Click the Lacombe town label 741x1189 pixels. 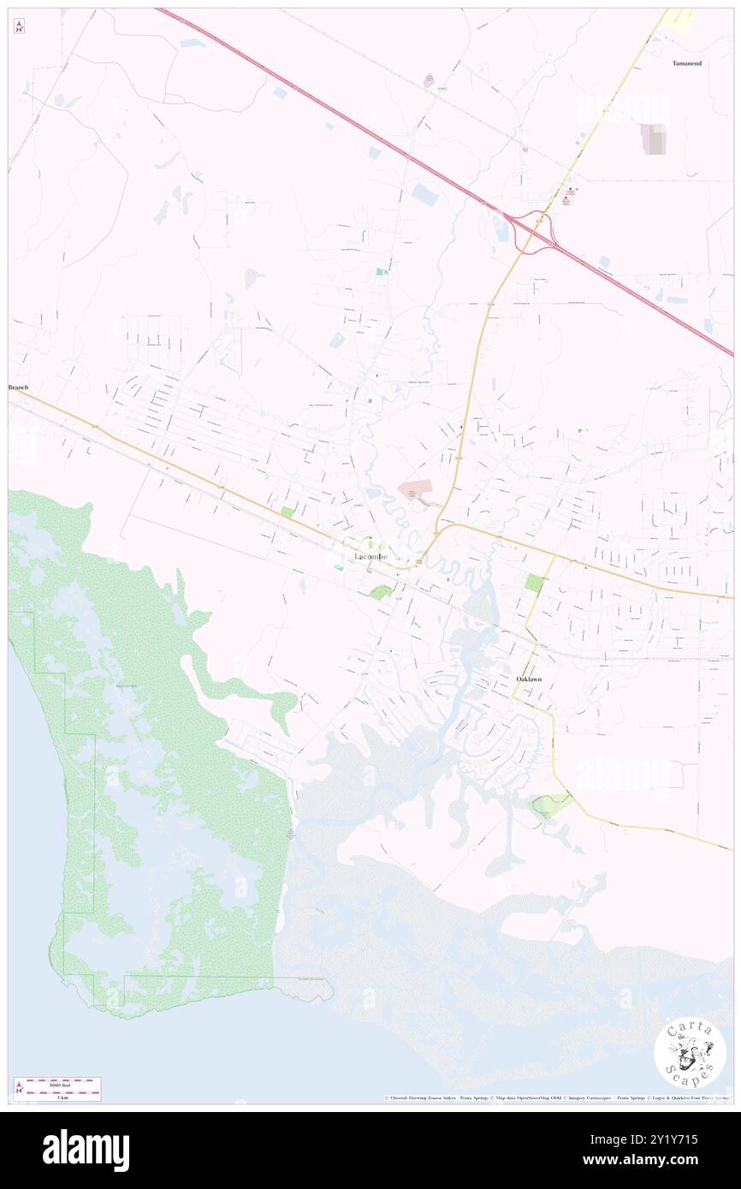tap(370, 557)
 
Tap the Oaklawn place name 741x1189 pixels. tap(528, 679)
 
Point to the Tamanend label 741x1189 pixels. tap(687, 63)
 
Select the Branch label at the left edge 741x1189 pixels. tap(18, 387)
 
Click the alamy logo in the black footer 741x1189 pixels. tap(86, 1151)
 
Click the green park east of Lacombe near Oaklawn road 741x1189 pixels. tap(533, 583)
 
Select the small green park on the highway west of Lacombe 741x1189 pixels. tap(287, 512)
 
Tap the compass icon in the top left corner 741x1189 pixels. tap(19, 27)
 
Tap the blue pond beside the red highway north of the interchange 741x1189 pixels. tap(424, 195)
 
